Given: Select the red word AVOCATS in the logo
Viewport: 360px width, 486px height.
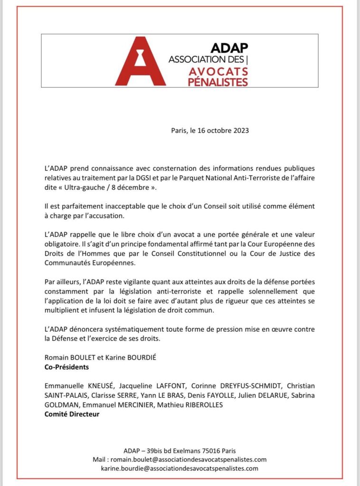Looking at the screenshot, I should coord(219,72).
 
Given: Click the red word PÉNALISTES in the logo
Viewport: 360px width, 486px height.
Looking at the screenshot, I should coord(219,82).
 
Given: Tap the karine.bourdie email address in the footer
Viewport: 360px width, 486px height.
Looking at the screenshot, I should coord(180,468).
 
